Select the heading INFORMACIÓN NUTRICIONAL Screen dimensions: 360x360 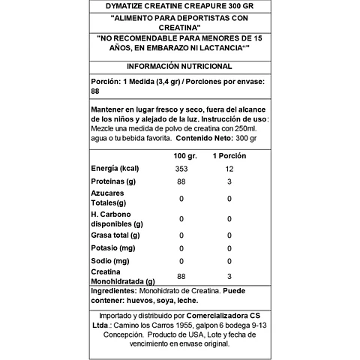pyautogui.click(x=179, y=66)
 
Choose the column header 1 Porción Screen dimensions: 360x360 pyautogui.click(x=229, y=155)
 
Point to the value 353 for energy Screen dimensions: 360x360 pyautogui.click(x=179, y=169)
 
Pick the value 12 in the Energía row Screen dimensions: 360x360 pyautogui.click(x=229, y=169)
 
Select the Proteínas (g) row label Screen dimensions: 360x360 pyautogui.click(x=113, y=182)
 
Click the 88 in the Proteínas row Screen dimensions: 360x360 pyautogui.click(x=179, y=182)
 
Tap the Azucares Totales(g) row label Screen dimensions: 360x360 pyautogui.click(x=109, y=198)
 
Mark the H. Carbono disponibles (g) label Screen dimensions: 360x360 pyautogui.click(x=117, y=219)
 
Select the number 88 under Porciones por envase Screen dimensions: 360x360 pyautogui.click(x=95, y=92)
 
